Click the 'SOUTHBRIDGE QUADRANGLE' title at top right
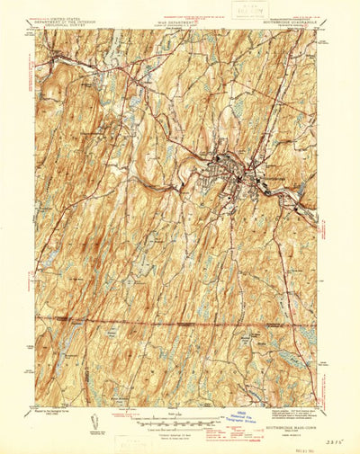pyautogui.click(x=287, y=22)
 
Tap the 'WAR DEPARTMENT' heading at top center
pyautogui.click(x=178, y=22)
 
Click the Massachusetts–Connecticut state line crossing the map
pyautogui.click(x=180, y=318)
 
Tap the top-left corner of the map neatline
pyautogui.click(x=36, y=30)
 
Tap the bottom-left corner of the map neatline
pyautogui.click(x=36, y=406)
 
